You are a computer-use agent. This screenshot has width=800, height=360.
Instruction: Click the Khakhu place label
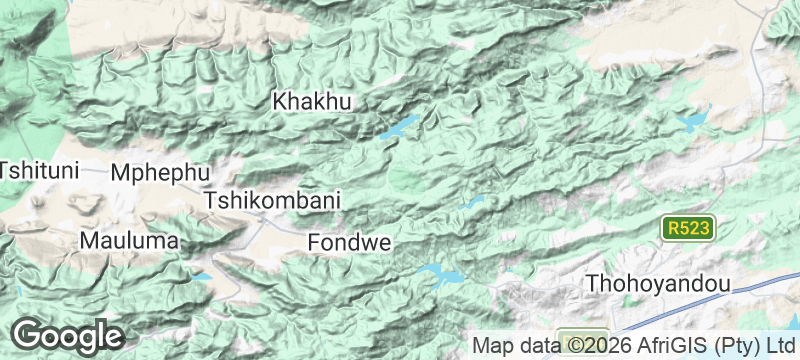click(x=314, y=101)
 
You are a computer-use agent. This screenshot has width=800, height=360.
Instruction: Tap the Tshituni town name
click(x=38, y=170)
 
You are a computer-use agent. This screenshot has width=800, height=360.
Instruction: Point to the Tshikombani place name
click(x=272, y=200)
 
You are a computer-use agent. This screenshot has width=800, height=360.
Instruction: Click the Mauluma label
click(x=129, y=241)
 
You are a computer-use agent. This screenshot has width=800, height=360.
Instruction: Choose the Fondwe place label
click(x=348, y=242)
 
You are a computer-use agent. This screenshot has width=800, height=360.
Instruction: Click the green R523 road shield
click(x=689, y=228)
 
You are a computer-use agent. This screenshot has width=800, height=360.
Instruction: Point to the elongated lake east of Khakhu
click(x=400, y=127)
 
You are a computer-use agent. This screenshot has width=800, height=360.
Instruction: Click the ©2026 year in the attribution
click(x=589, y=346)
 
